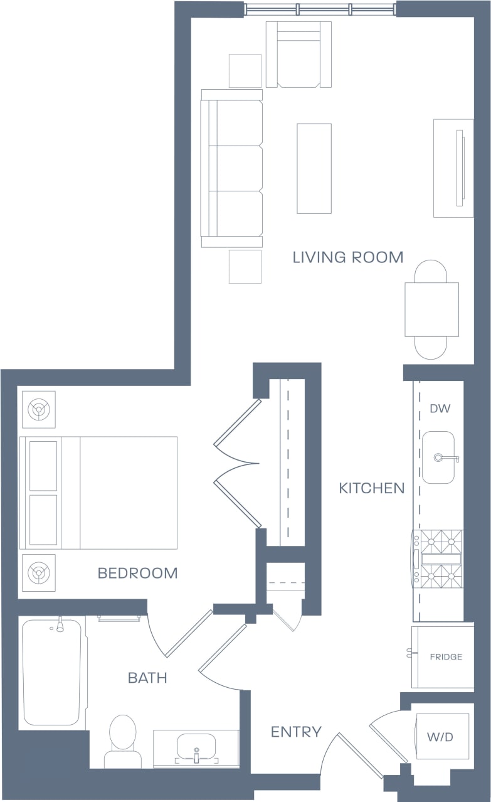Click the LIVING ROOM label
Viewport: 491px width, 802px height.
pyautogui.click(x=347, y=257)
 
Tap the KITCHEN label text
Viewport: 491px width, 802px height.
pyautogui.click(x=371, y=488)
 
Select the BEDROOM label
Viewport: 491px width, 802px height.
pyautogui.click(x=137, y=573)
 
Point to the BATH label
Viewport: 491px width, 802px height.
pyautogui.click(x=147, y=678)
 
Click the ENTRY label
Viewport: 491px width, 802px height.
pyautogui.click(x=296, y=732)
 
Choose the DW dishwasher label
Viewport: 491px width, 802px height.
pyautogui.click(x=440, y=409)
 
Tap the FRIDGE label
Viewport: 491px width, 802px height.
pyautogui.click(x=446, y=657)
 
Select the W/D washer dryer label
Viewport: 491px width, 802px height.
pyautogui.click(x=440, y=737)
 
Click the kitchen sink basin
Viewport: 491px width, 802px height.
pyautogui.click(x=438, y=457)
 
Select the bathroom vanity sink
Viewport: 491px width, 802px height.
pyautogui.click(x=196, y=747)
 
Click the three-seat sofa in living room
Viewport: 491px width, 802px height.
pyautogui.click(x=232, y=168)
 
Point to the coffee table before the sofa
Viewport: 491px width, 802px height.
pyautogui.click(x=314, y=168)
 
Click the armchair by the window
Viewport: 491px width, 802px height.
pyautogui.click(x=298, y=55)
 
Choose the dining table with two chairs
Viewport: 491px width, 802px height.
pyautogui.click(x=431, y=309)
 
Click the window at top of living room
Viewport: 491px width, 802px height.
pyautogui.click(x=320, y=9)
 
